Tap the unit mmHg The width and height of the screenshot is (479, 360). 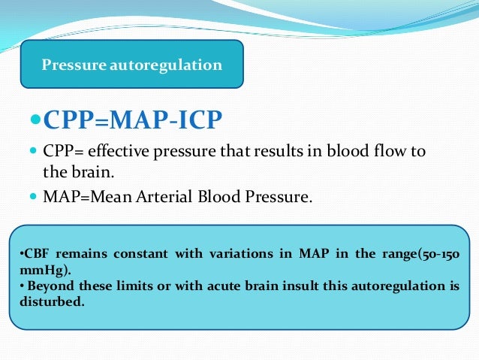(35, 268)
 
